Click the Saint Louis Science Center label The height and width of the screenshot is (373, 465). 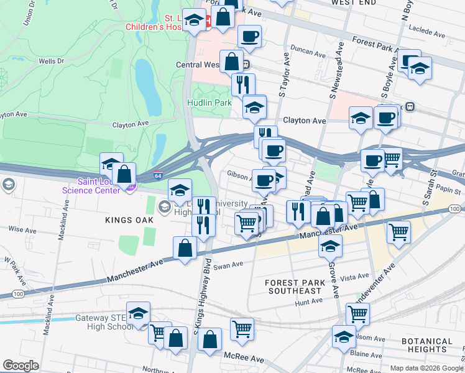coord(99,186)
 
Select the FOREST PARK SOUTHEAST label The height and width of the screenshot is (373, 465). coord(293,287)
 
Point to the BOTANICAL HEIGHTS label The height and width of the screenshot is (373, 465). coord(426,346)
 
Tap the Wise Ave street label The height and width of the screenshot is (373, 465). coord(22,229)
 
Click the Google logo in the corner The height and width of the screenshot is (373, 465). coord(21,366)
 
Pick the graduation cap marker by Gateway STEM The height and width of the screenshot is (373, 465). coord(138,313)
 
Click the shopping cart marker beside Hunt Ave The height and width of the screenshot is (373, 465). coord(357,313)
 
